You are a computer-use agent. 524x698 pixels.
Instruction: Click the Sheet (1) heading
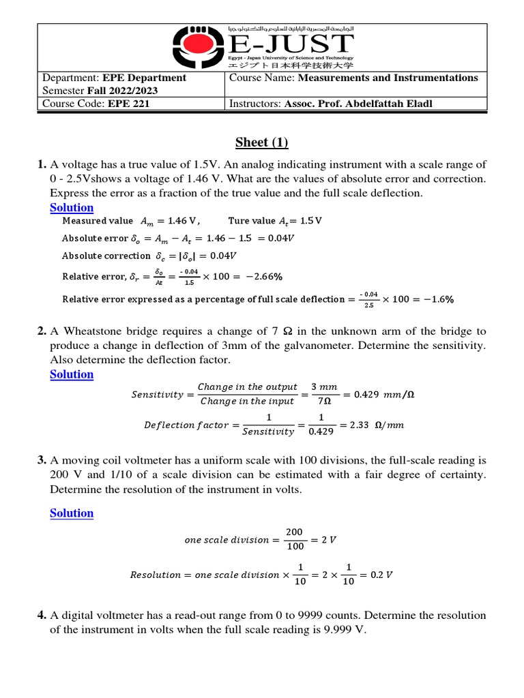[x=262, y=142]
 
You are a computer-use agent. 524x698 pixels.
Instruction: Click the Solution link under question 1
[x=72, y=207]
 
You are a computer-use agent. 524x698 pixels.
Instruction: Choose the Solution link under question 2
[x=72, y=374]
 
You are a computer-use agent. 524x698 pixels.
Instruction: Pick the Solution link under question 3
[x=72, y=513]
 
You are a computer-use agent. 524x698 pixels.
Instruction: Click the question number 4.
[x=41, y=616]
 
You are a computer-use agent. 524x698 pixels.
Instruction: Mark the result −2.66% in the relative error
[x=259, y=277]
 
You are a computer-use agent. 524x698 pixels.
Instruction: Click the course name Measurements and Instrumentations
[x=388, y=78]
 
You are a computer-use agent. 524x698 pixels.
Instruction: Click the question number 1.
[x=41, y=164]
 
